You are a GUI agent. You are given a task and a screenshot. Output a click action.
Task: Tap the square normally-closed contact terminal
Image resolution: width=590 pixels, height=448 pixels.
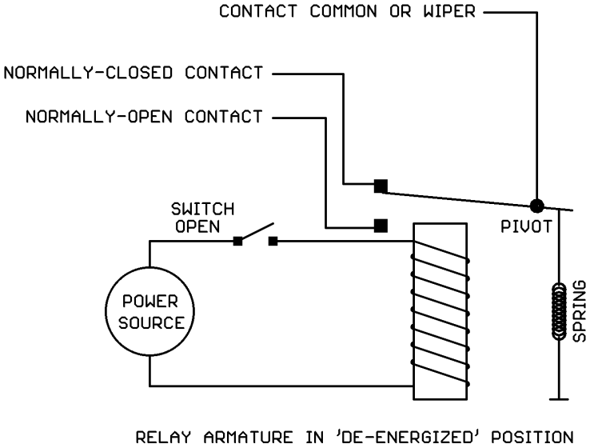pyautogui.click(x=381, y=186)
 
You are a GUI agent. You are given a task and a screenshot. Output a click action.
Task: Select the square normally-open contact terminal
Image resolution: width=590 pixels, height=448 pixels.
pyautogui.click(x=381, y=224)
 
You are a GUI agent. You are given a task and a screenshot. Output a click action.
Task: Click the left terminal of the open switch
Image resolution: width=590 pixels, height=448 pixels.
pyautogui.click(x=237, y=240)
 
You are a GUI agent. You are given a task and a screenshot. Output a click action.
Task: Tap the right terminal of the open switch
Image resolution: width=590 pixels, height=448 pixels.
pyautogui.click(x=273, y=240)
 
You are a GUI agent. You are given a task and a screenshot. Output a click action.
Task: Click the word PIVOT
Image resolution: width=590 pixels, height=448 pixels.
pyautogui.click(x=526, y=226)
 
